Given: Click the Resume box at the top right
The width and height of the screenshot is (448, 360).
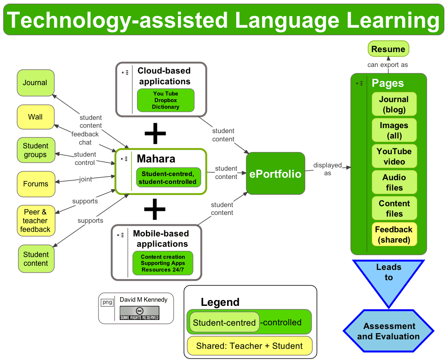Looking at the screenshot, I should [x=388, y=49].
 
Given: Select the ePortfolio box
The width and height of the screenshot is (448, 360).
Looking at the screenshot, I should [x=275, y=174].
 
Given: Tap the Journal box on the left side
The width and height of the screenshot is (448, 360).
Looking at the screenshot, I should [x=36, y=83].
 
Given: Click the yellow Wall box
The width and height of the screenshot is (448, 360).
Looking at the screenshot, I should [x=36, y=117].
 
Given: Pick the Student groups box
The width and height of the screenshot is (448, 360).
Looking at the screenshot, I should [x=36, y=150].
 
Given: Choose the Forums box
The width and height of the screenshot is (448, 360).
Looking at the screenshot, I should [x=36, y=184].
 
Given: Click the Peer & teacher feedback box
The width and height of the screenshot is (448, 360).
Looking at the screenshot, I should [x=36, y=221].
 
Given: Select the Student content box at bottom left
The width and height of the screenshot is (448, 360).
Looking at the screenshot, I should [x=36, y=259].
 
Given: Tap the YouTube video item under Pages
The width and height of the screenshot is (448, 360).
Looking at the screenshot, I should [x=394, y=156].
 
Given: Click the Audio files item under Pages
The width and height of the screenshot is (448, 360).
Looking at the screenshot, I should [x=394, y=182].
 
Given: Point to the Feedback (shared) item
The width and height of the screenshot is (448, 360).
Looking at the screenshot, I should [x=394, y=234].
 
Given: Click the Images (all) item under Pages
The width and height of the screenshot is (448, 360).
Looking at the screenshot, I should [x=394, y=130].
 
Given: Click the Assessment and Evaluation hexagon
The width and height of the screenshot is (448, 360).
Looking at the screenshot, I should [x=388, y=331].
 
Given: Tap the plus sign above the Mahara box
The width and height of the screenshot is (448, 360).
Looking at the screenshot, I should [x=155, y=133].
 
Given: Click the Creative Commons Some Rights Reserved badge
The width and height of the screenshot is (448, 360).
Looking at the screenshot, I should [x=139, y=313].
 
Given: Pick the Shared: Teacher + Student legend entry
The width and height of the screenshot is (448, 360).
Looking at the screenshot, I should [x=249, y=346].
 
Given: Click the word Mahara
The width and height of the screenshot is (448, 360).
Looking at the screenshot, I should [x=156, y=159].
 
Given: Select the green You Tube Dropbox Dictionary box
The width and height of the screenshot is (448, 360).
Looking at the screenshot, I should [x=166, y=100].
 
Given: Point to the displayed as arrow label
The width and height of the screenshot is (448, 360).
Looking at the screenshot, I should [x=327, y=169].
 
